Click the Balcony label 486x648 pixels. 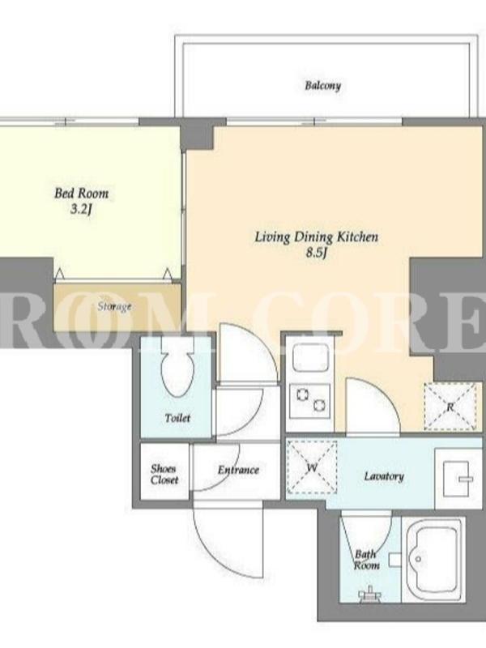coord(322,86)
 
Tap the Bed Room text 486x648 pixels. coord(82,194)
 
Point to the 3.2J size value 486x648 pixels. coord(80,209)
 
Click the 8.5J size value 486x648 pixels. coord(316,253)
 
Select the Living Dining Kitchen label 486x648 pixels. coord(316,237)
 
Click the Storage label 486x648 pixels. coord(114,307)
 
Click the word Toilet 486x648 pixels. coord(177,418)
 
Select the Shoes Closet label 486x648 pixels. coord(164,475)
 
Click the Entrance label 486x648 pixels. coord(238,471)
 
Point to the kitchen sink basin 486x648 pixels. coord(310,357)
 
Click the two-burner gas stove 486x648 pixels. coord(310,400)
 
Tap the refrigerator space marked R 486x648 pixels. coord(450,407)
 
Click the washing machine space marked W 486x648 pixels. coord(312,467)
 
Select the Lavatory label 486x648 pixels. coord(383,476)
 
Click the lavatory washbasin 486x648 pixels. coord(458,479)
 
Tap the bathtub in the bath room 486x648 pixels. coord(433,560)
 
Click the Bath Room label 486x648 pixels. coord(366,560)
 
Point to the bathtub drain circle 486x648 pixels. coord(418,559)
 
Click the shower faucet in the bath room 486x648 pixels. coord(370,593)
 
